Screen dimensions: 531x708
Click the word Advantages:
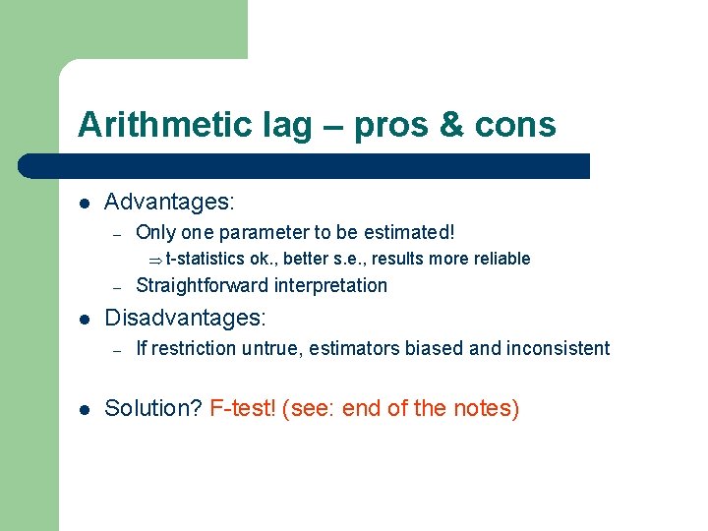point(169,203)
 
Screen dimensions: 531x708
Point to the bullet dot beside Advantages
point(86,204)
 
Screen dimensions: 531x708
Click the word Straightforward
point(202,286)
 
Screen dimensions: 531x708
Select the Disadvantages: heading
point(186,319)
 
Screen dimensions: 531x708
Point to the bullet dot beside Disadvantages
point(86,320)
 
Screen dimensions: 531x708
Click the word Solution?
point(153,408)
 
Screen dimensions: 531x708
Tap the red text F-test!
point(242,408)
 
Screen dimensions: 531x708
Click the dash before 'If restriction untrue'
point(116,349)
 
